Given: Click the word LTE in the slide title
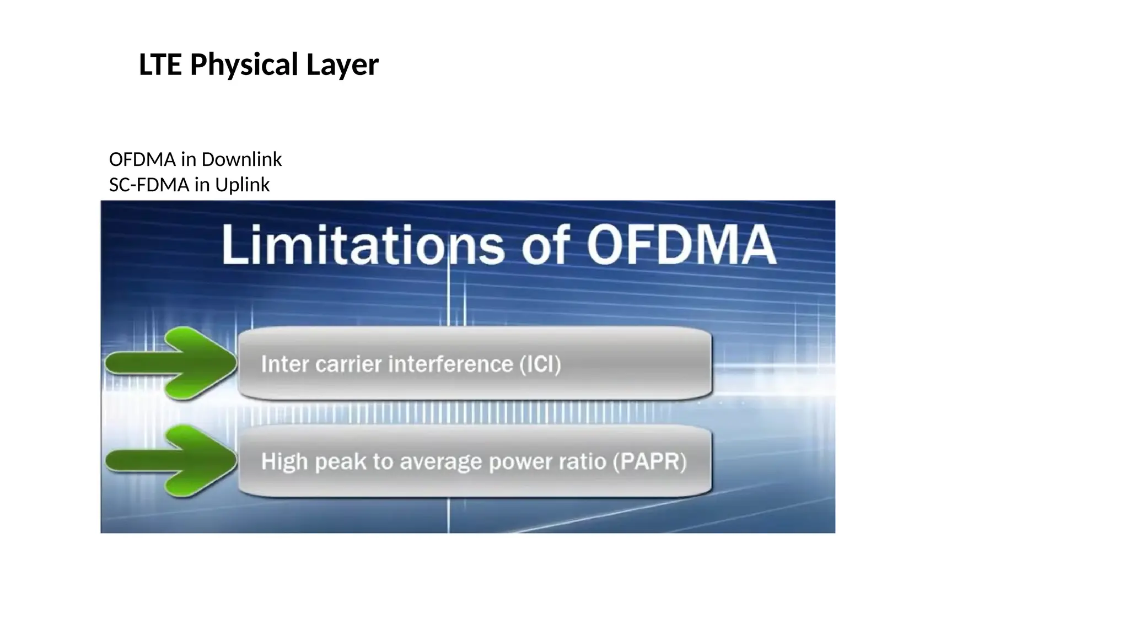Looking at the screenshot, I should [160, 64].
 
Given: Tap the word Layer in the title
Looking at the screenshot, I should [342, 64].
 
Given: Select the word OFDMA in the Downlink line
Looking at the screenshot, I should [142, 159].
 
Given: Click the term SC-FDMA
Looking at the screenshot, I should [149, 185].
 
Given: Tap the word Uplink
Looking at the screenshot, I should [242, 185].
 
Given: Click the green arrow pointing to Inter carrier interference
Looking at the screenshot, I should [171, 363].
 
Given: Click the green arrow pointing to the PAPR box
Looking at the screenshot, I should [171, 461].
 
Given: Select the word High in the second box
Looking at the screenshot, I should [284, 461].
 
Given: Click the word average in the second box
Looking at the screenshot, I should [440, 461].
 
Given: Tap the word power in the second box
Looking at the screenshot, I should [520, 461].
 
